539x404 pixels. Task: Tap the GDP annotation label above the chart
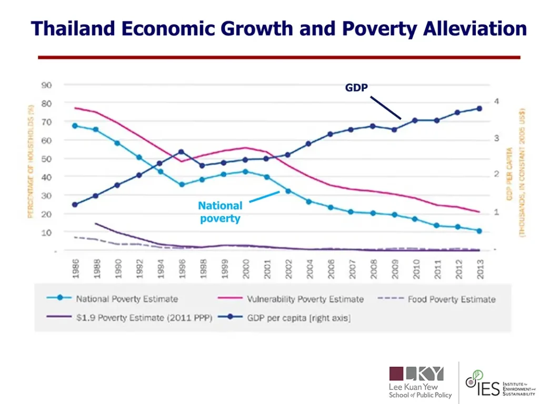coord(356,88)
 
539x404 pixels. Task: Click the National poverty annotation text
coord(220,212)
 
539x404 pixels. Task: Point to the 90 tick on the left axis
coord(46,85)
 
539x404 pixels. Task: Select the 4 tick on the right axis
coord(496,102)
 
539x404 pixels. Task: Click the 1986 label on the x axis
coord(76,268)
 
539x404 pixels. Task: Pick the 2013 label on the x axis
coord(480,268)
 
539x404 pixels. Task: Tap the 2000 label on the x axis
coord(245,268)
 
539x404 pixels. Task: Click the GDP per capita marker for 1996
coord(182,152)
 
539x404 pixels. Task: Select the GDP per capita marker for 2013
coord(479,109)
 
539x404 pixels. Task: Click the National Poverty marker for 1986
coord(75,126)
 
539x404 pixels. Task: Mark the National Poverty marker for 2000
coord(245,171)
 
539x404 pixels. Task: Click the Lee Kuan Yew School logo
coord(420,382)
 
